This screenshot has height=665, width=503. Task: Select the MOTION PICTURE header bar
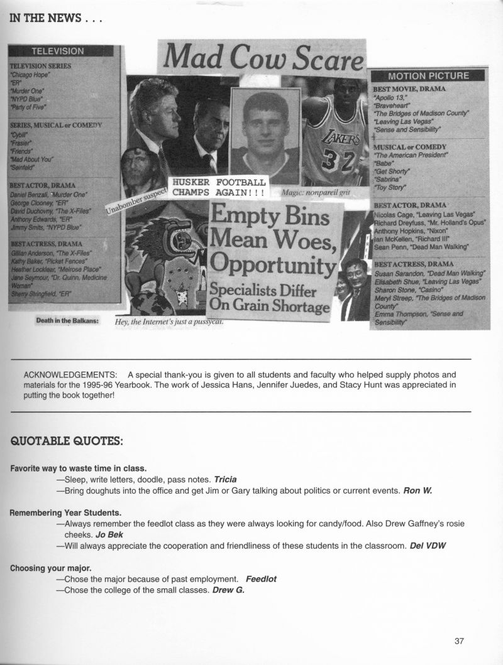429,76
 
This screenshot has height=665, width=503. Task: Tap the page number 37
458,641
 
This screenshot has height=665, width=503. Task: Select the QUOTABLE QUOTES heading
67,441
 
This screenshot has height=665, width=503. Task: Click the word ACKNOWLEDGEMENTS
70,374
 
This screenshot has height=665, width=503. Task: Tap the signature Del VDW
428,545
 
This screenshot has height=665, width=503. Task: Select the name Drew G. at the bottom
228,590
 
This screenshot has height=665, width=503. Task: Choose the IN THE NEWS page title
55,18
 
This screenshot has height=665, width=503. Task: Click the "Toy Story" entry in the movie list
390,187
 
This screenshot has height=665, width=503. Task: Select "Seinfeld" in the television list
24,168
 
